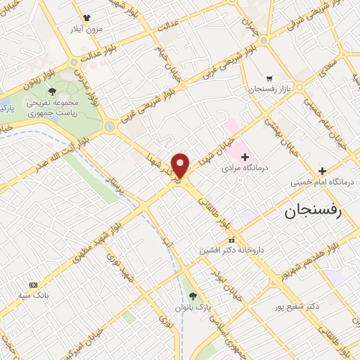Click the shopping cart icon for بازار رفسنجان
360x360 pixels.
(269, 79)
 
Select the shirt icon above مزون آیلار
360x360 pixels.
(86, 18)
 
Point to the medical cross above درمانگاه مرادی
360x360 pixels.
(244, 155)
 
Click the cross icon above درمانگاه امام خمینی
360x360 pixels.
(322, 171)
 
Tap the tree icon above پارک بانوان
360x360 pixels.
(193, 295)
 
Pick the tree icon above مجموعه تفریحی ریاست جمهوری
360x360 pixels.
(52, 91)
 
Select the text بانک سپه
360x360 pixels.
(33, 296)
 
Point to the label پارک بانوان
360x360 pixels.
(193, 308)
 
